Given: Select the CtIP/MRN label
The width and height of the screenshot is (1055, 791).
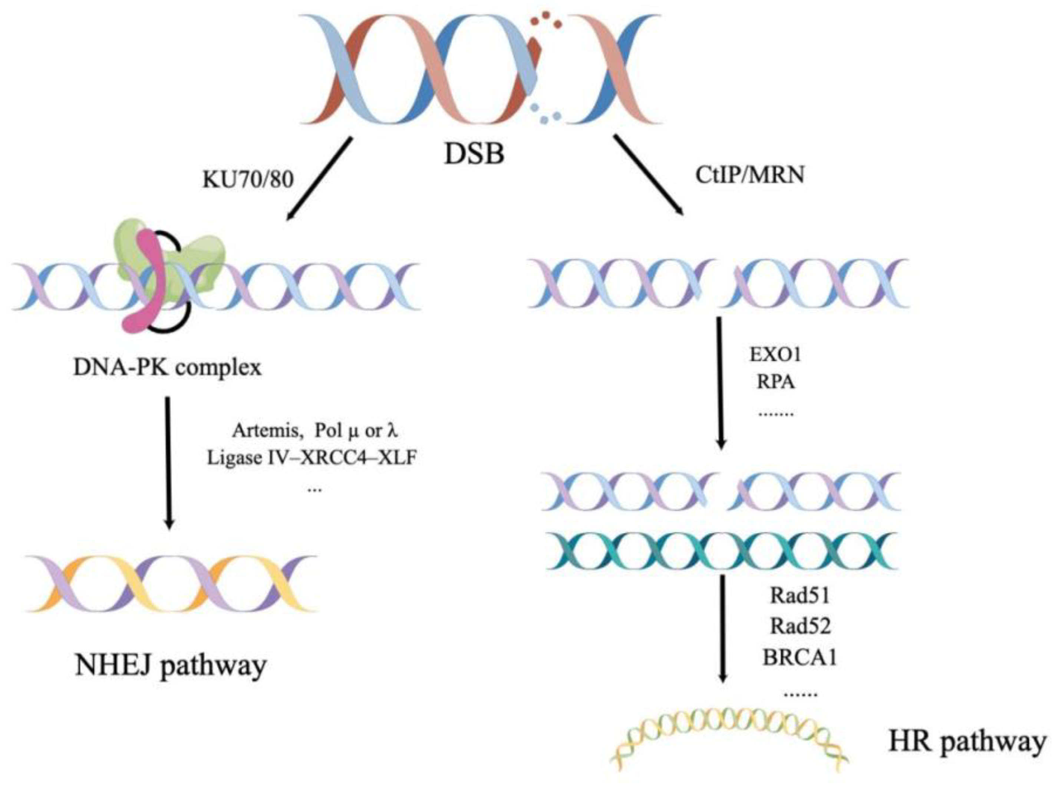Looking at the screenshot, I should point(750,175).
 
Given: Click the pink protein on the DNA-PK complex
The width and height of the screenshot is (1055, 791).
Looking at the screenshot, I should point(145,281).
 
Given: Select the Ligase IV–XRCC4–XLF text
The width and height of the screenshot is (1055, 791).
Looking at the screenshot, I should point(312,458).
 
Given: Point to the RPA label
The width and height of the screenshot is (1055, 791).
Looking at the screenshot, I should point(775,382).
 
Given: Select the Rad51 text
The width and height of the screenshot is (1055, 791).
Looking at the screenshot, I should point(800,596).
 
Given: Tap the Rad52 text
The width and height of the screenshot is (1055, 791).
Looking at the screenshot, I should point(800,626).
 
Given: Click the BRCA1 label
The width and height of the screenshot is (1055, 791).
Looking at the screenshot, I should point(800,658).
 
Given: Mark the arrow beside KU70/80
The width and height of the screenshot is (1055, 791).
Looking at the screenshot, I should point(320,179).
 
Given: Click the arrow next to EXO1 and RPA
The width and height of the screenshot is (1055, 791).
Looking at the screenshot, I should point(720,384).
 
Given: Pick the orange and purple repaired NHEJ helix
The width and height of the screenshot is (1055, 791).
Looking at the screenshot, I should point(172,583).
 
